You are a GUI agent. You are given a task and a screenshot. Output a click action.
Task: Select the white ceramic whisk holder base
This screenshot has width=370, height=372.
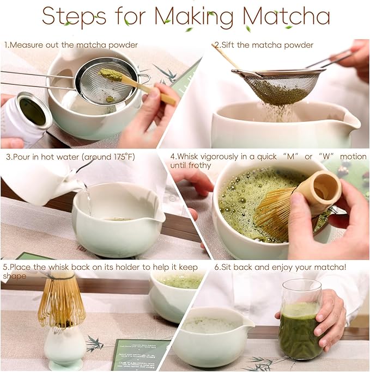[x=64, y=348]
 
